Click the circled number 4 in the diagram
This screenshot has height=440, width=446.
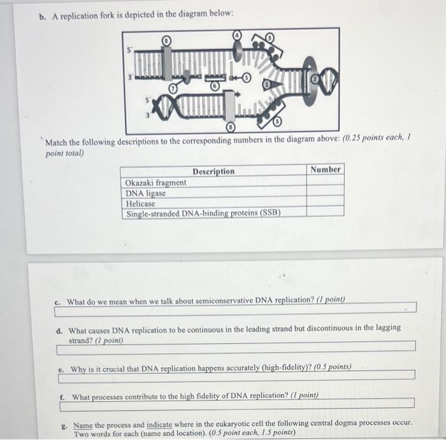click(x=237, y=36)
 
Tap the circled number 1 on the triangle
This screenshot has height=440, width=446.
click(x=268, y=84)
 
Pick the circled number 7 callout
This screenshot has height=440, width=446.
click(x=172, y=86)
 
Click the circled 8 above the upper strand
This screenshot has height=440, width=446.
click(x=166, y=40)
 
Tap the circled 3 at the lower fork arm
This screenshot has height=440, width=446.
click(x=278, y=121)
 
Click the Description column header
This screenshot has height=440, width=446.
click(x=213, y=171)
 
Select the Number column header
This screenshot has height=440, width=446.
click(x=326, y=170)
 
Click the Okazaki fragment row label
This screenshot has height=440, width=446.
click(x=156, y=182)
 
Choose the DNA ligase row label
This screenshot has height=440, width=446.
click(x=146, y=193)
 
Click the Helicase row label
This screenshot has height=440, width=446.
click(x=141, y=203)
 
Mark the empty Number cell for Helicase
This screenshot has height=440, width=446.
click(x=326, y=203)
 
